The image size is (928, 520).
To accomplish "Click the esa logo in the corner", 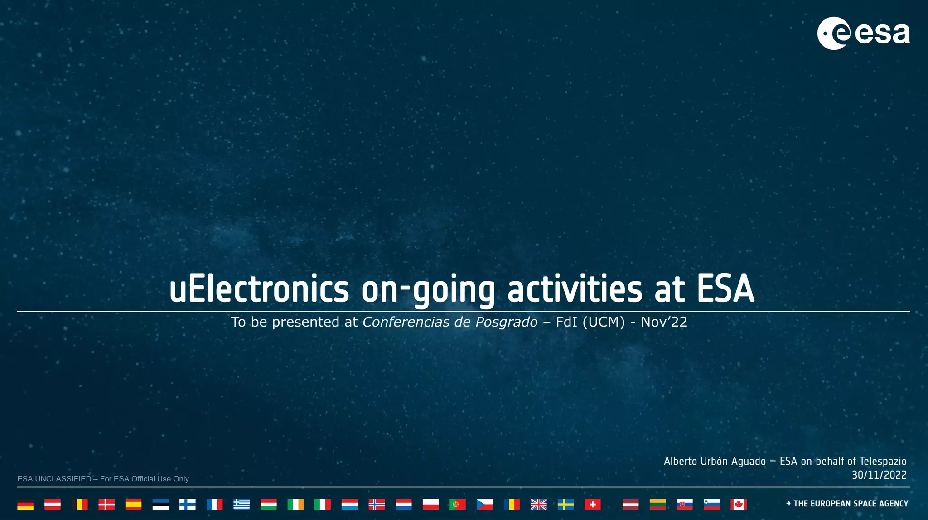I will point(863,33).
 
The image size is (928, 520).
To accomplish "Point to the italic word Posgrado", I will point(506,322).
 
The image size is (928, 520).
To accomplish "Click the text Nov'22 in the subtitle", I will point(664,322).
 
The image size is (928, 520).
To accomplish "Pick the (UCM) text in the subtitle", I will point(604,322).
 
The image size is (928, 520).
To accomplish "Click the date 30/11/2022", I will point(879,475).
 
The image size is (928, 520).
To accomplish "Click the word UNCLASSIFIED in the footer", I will point(63,479).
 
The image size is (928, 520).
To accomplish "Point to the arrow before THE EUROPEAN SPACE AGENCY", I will point(788,504).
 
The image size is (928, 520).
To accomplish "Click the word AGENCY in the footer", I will point(893,504).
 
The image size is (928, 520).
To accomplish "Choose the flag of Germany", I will point(25,504).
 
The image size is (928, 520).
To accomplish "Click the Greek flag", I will point(242,504).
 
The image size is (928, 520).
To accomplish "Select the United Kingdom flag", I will point(538,504).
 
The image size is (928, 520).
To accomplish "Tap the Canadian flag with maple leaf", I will point(738,504).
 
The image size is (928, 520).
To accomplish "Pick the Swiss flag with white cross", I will point(592,504).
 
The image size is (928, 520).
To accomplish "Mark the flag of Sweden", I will point(565,504).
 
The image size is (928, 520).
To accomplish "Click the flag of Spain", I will point(133,504).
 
